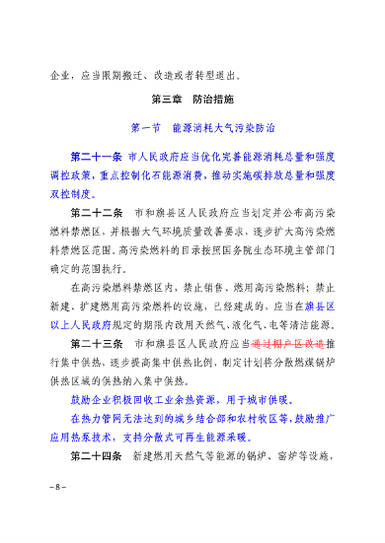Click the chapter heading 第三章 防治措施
point(192,101)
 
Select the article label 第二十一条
point(95,156)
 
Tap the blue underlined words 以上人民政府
point(85,320)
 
